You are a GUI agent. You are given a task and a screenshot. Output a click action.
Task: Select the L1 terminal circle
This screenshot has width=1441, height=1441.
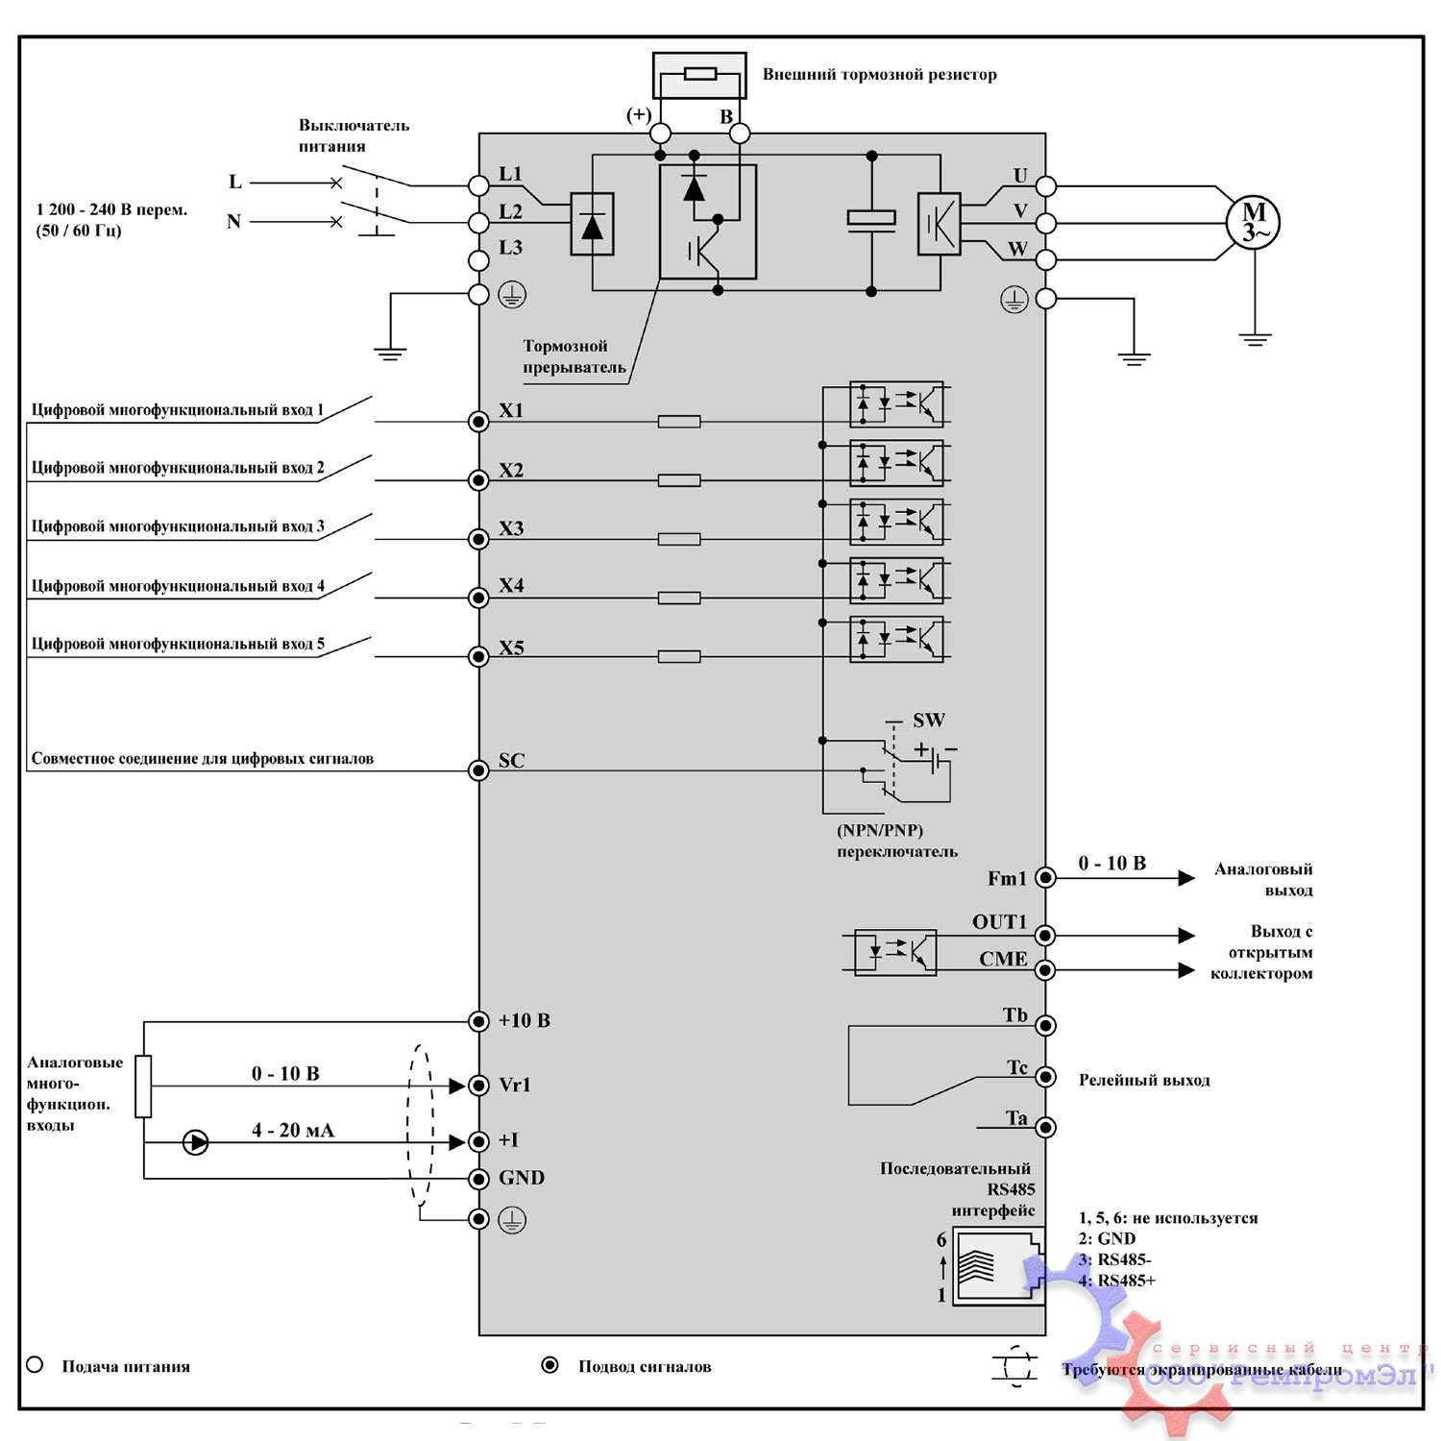pyautogui.click(x=478, y=184)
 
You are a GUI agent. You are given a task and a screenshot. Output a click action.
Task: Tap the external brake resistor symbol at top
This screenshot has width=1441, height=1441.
pyautogui.click(x=698, y=74)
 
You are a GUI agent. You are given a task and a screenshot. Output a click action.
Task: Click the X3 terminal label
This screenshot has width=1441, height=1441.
pyautogui.click(x=511, y=528)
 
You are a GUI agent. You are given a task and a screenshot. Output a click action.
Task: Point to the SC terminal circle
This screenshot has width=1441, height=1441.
pyautogui.click(x=478, y=770)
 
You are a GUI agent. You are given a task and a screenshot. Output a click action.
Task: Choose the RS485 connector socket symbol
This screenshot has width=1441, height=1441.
pyautogui.click(x=997, y=1265)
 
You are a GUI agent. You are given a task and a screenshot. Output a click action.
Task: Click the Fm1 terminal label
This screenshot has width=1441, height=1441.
pyautogui.click(x=1007, y=878)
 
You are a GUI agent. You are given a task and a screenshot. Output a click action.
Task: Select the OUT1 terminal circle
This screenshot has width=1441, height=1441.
pyautogui.click(x=1045, y=935)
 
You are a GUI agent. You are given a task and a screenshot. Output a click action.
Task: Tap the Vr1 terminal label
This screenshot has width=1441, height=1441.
pyautogui.click(x=515, y=1085)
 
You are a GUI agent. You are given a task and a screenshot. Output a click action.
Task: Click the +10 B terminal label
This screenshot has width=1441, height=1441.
pyautogui.click(x=525, y=1020)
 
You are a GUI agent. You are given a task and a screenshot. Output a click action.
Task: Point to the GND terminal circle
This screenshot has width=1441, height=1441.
pyautogui.click(x=478, y=1179)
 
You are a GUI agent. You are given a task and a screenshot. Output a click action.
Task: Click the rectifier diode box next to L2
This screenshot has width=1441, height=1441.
pyautogui.click(x=592, y=224)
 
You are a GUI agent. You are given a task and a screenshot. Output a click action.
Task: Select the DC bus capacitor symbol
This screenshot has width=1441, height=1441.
pyautogui.click(x=871, y=219)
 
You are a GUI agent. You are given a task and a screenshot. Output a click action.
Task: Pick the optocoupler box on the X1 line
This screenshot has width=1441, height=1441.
pyautogui.click(x=896, y=404)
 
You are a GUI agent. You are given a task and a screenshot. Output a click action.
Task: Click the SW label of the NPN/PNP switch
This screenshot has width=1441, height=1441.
pyautogui.click(x=929, y=720)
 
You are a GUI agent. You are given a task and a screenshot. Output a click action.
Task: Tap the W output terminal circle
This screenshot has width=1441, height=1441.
pyautogui.click(x=1045, y=259)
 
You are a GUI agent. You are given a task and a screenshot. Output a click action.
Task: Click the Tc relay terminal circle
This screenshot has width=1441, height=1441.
pyautogui.click(x=1045, y=1077)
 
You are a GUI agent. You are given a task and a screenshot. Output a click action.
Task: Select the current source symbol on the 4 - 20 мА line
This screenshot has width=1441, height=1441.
pyautogui.click(x=195, y=1142)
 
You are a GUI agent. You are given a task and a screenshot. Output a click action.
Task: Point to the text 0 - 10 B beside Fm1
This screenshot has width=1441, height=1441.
pyautogui.click(x=1112, y=863)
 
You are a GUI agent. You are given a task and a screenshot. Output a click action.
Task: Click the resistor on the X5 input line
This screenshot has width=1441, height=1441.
pyautogui.click(x=679, y=657)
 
